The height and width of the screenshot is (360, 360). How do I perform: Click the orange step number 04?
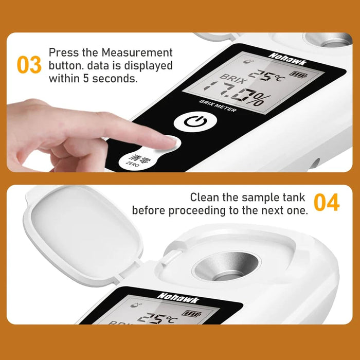327,203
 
